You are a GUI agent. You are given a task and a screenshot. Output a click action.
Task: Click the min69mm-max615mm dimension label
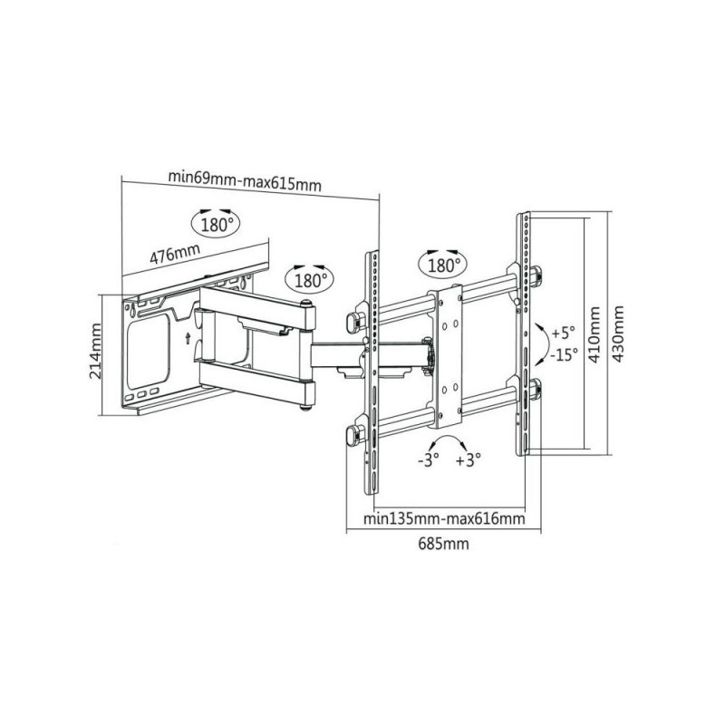click(x=245, y=180)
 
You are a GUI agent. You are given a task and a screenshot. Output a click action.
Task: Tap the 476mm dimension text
click(x=175, y=254)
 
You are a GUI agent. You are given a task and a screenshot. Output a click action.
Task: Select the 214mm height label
click(x=96, y=351)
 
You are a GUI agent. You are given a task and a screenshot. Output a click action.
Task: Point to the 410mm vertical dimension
click(x=594, y=334)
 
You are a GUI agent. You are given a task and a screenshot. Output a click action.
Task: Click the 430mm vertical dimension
click(x=618, y=333)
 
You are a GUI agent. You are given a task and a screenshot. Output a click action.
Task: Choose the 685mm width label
click(x=443, y=543)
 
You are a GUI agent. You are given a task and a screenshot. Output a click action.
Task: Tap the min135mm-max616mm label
click(x=444, y=518)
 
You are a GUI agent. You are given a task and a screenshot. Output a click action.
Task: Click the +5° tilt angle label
click(x=563, y=333)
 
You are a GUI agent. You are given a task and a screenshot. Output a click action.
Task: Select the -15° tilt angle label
click(x=564, y=354)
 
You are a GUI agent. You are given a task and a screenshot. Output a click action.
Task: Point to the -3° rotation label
click(x=428, y=460)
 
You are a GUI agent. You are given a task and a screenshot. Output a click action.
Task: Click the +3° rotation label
click(x=469, y=460)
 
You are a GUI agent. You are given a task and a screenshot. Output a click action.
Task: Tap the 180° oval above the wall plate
click(x=217, y=224)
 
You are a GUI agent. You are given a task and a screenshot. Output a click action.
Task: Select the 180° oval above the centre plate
click(x=443, y=266)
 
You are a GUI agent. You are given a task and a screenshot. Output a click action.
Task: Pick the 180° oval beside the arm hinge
click(x=309, y=280)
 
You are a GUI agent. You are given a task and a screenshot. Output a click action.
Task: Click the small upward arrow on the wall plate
click(x=188, y=337)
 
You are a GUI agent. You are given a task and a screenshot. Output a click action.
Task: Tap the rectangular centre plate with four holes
click(x=448, y=356)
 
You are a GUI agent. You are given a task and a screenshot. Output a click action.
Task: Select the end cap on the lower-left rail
click(x=353, y=436)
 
